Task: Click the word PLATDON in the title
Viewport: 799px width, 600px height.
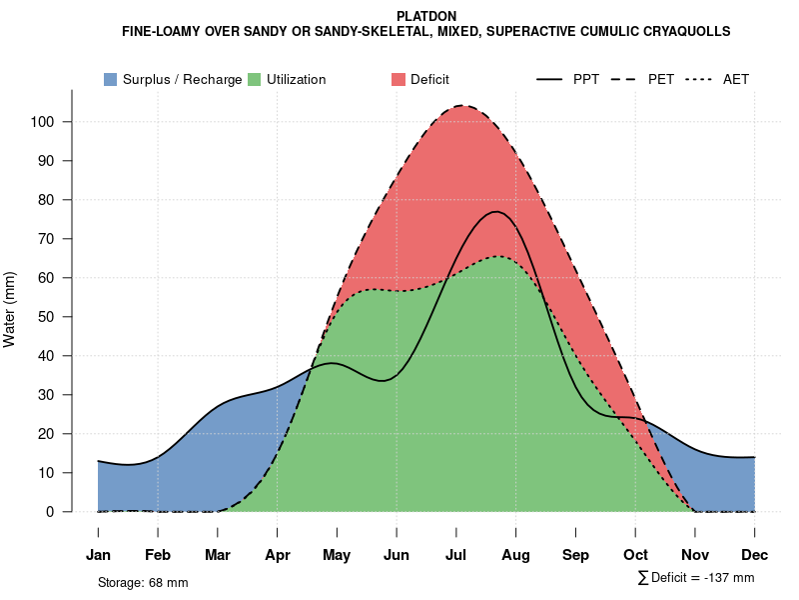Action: point(426,17)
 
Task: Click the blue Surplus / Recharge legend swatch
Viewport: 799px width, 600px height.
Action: point(110,79)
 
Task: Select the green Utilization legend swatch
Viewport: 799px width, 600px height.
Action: point(254,79)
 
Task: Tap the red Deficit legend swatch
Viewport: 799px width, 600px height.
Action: point(398,79)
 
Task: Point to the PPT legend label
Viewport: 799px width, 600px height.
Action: point(586,79)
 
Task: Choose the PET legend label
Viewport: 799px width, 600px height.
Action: point(661,79)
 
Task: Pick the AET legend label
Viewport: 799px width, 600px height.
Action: point(736,79)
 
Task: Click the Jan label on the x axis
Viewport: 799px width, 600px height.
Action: point(98,555)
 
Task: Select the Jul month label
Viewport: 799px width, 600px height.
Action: point(456,555)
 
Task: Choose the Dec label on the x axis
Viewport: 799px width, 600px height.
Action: point(755,555)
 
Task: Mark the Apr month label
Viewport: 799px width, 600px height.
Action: point(278,555)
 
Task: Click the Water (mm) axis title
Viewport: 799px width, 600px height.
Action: point(10,309)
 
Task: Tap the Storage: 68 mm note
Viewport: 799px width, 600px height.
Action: point(143,582)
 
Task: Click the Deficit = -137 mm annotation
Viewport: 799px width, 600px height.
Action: point(696,578)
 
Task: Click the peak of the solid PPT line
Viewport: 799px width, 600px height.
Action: point(495,211)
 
